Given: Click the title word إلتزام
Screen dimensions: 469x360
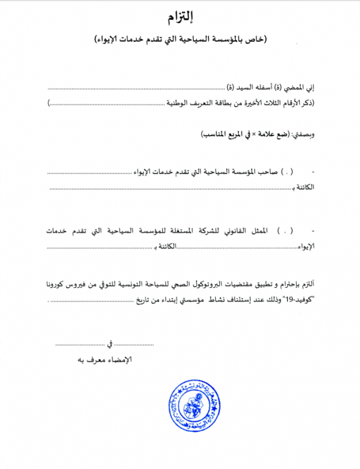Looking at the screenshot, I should click(x=181, y=16).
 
